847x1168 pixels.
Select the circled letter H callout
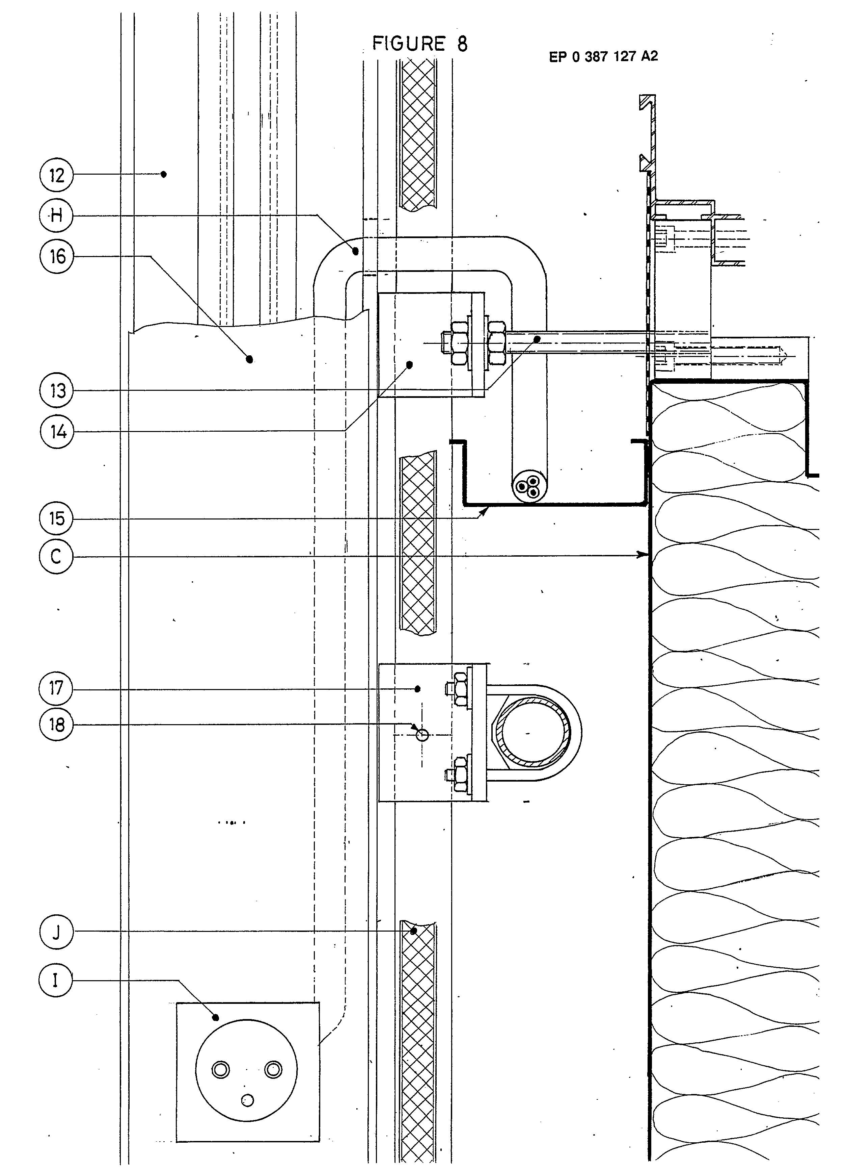57,215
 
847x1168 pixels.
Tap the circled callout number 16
57,256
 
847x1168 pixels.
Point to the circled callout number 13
57,391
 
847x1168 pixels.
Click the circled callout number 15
57,518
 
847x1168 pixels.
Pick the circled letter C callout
57,557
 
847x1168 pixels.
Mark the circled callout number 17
57,688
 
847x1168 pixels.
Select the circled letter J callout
57,931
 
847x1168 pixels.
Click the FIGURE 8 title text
420,44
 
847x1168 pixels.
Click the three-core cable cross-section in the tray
529,487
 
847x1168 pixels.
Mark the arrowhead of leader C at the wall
644,554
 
